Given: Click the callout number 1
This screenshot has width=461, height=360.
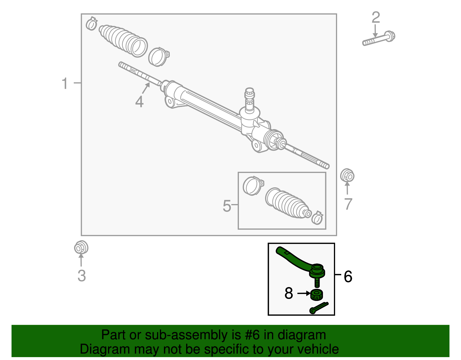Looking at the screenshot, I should click(x=65, y=83).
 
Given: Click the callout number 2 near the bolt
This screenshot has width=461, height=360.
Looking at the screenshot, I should click(x=376, y=18).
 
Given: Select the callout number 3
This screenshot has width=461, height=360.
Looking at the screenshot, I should click(x=82, y=276).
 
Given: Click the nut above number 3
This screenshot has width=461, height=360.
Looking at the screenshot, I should click(x=81, y=247).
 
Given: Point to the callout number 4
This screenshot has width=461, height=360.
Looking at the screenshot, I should click(x=139, y=102).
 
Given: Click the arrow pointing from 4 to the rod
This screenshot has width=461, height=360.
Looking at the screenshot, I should click(x=146, y=88).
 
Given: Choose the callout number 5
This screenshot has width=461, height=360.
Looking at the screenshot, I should click(x=227, y=206).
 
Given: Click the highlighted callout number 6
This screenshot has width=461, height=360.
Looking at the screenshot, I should click(x=348, y=277).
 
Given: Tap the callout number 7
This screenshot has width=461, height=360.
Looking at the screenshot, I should click(x=348, y=204).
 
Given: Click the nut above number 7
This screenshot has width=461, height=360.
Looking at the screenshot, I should click(x=347, y=176).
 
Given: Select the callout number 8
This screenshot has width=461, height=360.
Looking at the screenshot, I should click(x=289, y=293).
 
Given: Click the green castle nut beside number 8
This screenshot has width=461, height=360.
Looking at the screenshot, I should click(x=317, y=295).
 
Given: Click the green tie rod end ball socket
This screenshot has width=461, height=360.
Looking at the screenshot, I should click(x=317, y=271).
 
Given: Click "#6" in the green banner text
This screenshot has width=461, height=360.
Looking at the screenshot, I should click(x=252, y=335).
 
